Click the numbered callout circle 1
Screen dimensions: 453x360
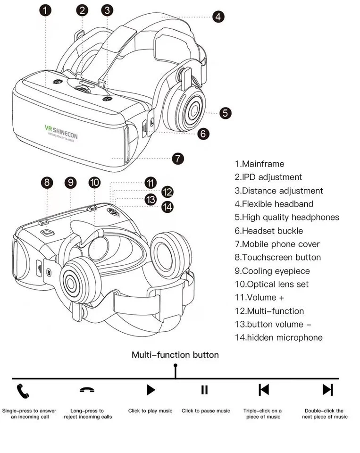pos(45,10)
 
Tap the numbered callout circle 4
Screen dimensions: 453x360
pos(218,17)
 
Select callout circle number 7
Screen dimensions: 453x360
pos(177,158)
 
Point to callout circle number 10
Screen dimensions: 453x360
pos(94,182)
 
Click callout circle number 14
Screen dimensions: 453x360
pos(167,206)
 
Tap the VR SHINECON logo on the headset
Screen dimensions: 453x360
pos(61,130)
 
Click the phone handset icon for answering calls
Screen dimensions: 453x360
pos(23,390)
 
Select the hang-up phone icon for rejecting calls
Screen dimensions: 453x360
pos(87,390)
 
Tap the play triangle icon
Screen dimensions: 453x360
pos(151,390)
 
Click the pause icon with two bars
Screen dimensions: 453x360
pos(204,390)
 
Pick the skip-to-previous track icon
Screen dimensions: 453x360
pos(264,390)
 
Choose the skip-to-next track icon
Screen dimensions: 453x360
pos(327,390)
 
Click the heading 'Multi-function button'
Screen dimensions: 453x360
pos(175,355)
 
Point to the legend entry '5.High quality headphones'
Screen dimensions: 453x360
pos(287,218)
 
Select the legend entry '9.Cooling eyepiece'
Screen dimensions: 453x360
pos(272,271)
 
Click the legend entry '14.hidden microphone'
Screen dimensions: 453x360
pos(278,337)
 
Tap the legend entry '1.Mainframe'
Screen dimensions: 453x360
pos(260,164)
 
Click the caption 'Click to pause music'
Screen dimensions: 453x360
pos(206,411)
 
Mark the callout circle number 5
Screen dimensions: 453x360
pos(226,113)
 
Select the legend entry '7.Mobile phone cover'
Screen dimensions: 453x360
pos(277,244)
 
